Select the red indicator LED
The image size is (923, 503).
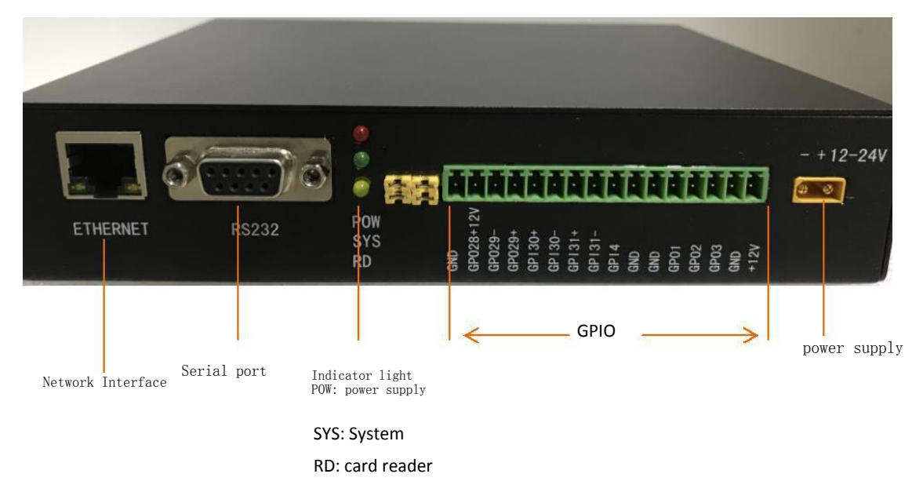coord(362,132)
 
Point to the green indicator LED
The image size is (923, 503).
coord(362,161)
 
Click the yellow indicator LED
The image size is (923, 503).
coord(362,188)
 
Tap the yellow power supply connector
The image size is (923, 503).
coord(823,188)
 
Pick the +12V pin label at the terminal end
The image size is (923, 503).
coord(754,256)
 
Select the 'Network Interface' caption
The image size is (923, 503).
coord(104,382)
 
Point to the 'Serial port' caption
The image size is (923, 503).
coord(223,370)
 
